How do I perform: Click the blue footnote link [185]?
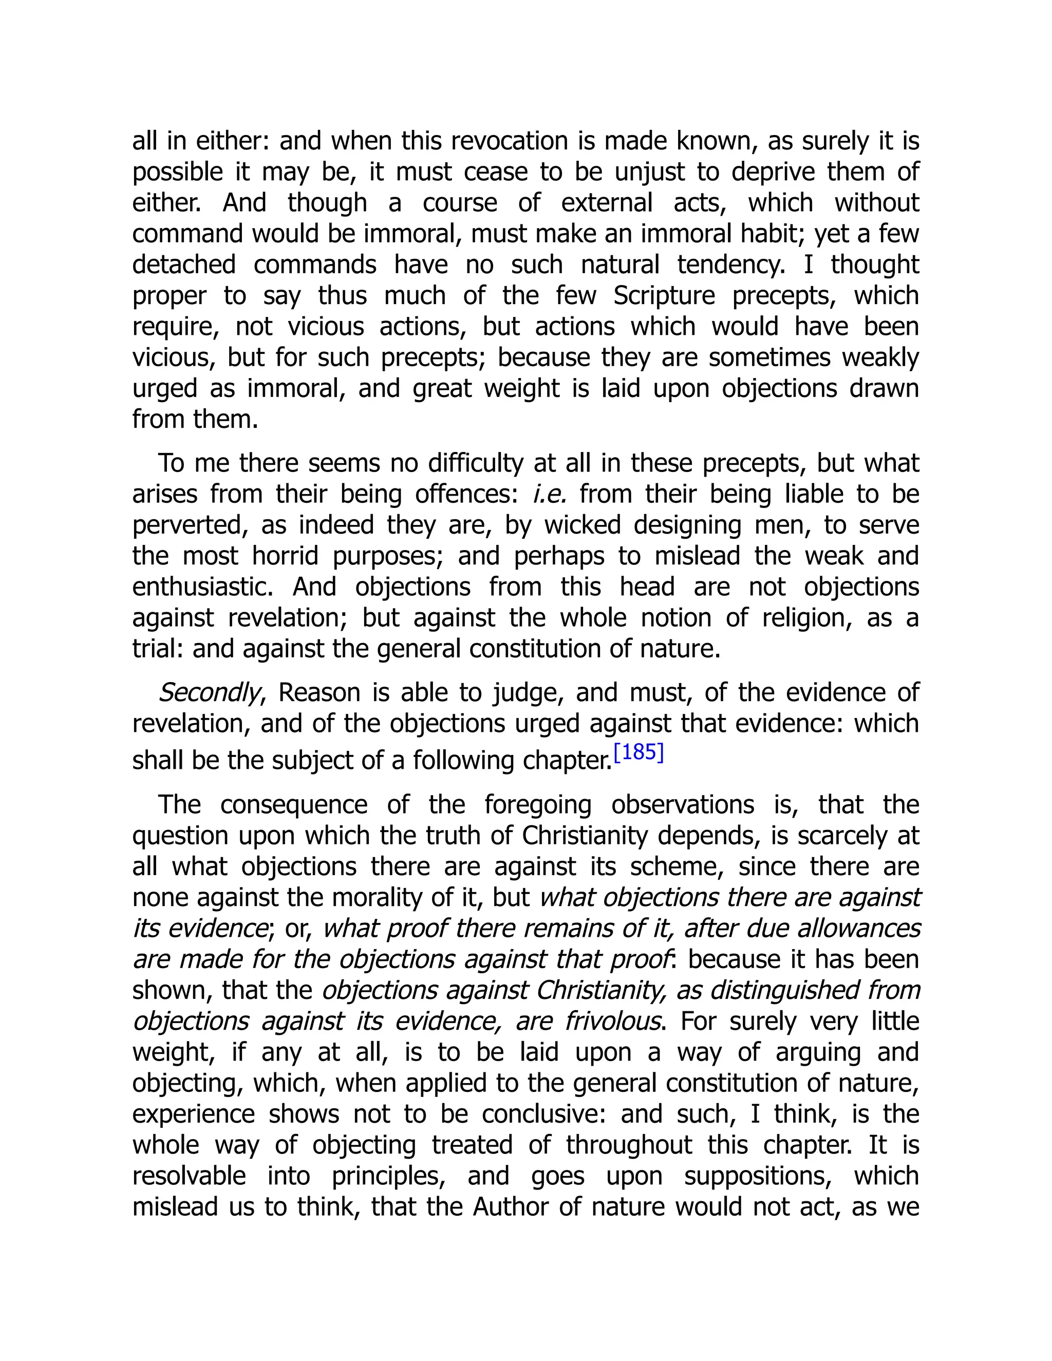click(x=639, y=753)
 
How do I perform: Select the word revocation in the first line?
click(x=511, y=141)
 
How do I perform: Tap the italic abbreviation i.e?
click(x=549, y=494)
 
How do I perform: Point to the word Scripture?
click(x=664, y=295)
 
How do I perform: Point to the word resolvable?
click(x=189, y=1176)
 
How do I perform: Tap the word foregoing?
click(x=538, y=804)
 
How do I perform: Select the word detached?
click(x=184, y=265)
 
